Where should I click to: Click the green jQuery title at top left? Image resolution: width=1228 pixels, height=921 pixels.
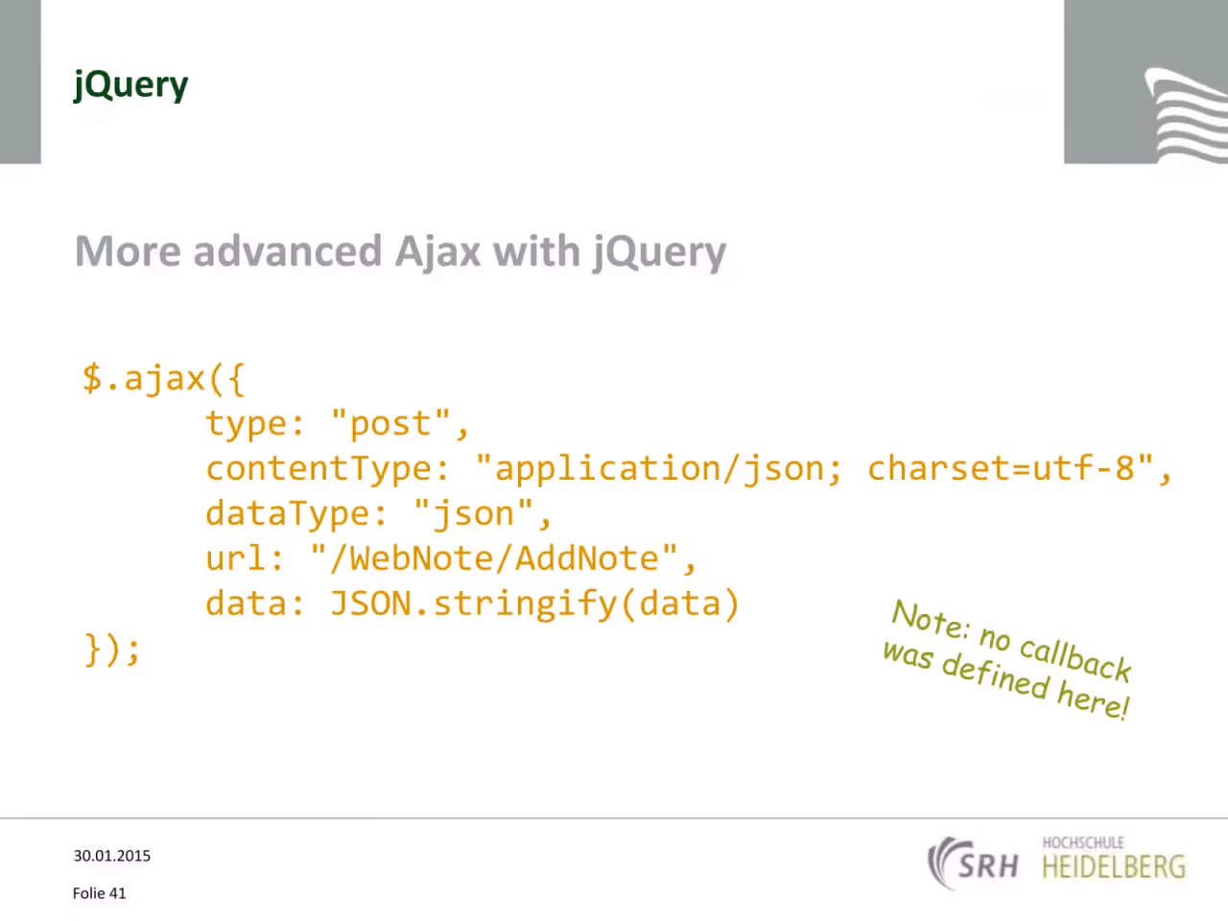(x=130, y=85)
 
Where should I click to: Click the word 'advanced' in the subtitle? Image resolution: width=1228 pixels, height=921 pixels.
(x=288, y=251)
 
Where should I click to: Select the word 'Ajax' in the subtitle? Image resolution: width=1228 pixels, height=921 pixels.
(x=437, y=252)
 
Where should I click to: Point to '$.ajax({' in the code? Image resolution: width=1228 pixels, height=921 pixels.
(x=163, y=379)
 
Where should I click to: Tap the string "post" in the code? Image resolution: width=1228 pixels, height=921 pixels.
(x=390, y=423)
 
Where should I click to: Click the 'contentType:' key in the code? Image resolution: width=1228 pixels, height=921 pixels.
(x=327, y=468)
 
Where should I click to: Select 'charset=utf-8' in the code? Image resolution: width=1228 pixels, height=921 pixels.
(x=1001, y=467)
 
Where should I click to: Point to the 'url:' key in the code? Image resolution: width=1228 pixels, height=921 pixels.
(x=245, y=558)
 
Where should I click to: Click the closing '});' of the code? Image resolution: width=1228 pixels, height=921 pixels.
(x=112, y=649)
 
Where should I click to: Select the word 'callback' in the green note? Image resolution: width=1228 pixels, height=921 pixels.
(x=1075, y=659)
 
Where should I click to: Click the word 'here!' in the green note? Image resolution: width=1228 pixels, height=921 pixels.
(x=1093, y=701)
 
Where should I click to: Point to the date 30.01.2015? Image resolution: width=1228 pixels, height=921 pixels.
(x=112, y=856)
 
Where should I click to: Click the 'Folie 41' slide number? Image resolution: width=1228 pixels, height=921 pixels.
(x=99, y=893)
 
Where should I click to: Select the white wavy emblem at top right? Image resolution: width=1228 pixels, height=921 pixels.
(x=1186, y=115)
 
